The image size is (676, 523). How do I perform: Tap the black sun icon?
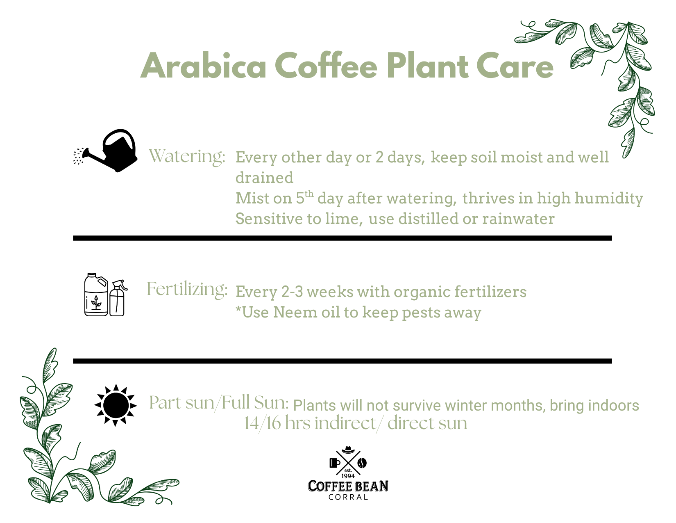click(116, 405)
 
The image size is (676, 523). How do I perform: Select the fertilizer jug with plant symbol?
click(96, 295)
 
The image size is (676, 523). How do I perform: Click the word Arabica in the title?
click(204, 66)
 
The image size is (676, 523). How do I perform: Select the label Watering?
click(187, 156)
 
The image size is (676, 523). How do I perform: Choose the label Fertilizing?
click(187, 289)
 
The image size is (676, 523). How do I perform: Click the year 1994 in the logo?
click(348, 476)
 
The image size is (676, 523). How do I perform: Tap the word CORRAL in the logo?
click(348, 497)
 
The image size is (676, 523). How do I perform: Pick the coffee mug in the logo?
click(334, 463)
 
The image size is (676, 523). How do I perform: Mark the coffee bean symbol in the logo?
click(362, 463)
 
